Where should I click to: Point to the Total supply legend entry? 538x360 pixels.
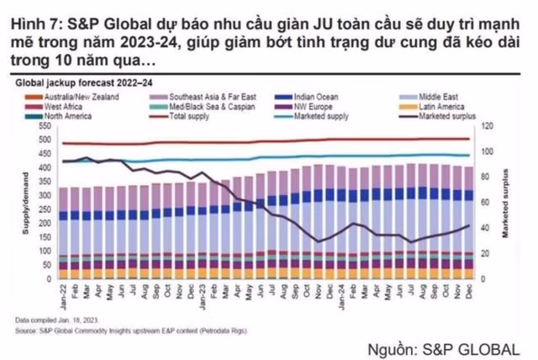pyautogui.click(x=193, y=115)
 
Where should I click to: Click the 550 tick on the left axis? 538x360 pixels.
pyautogui.click(x=45, y=125)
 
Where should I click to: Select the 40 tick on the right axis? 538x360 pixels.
pyautogui.click(x=485, y=228)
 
